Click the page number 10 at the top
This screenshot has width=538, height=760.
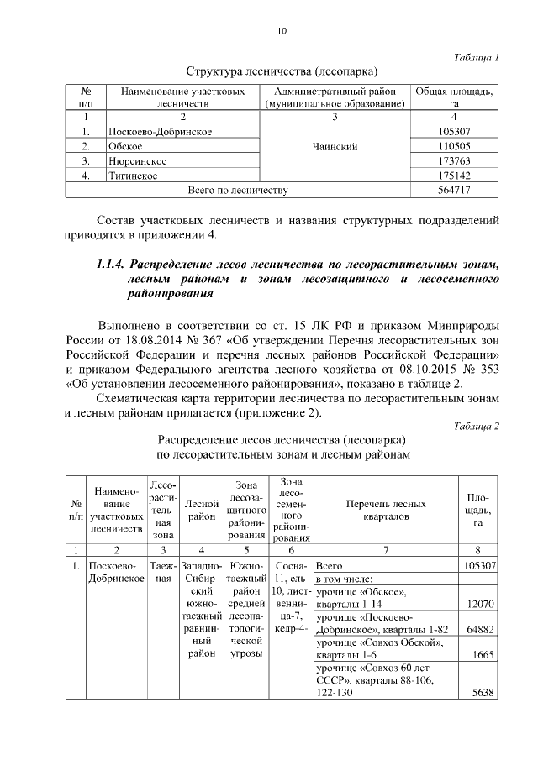[x=282, y=33]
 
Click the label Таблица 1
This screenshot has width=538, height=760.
[x=476, y=57]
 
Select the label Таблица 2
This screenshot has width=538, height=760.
[x=475, y=426]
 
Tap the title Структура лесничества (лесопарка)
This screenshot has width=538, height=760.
[x=282, y=71]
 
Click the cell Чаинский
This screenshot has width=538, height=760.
[x=334, y=146]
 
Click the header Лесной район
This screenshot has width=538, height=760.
[x=201, y=511]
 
